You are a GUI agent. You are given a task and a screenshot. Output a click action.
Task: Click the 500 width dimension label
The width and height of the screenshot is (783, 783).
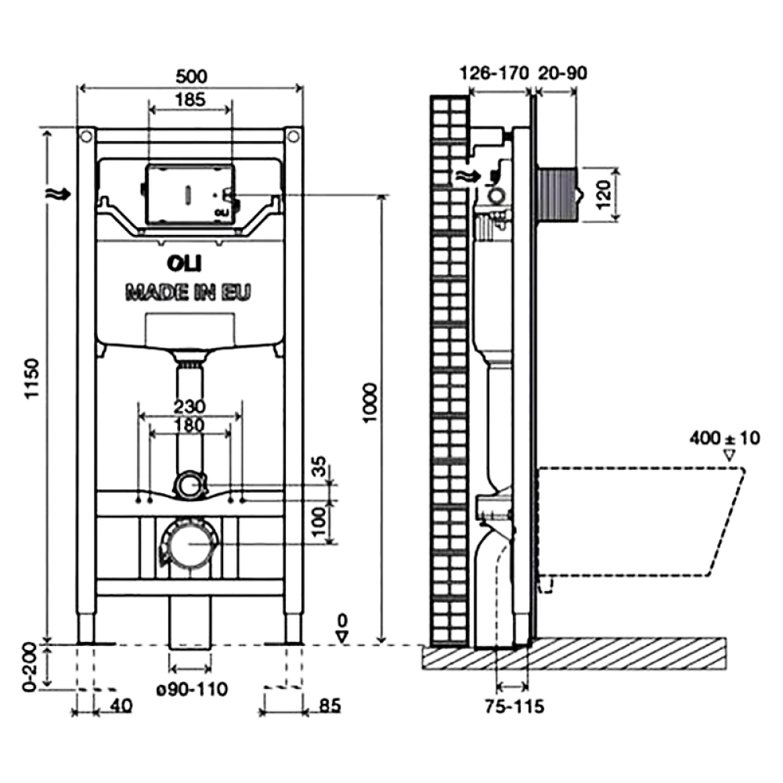(x=190, y=76)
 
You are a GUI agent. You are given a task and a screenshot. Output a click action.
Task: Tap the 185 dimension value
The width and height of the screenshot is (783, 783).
(x=189, y=99)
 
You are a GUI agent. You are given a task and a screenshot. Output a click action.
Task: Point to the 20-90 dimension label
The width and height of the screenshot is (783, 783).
(x=562, y=74)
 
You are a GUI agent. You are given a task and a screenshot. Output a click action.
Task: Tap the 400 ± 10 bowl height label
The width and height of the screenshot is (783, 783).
(x=725, y=438)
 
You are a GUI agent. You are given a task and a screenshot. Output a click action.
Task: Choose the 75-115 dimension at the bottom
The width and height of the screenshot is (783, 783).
(x=514, y=707)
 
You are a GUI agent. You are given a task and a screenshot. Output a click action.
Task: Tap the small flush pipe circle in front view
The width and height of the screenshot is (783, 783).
(x=187, y=485)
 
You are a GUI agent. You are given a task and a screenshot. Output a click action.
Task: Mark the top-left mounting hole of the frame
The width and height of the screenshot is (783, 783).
(x=85, y=137)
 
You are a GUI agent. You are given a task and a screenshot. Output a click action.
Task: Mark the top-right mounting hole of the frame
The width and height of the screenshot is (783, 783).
(x=293, y=137)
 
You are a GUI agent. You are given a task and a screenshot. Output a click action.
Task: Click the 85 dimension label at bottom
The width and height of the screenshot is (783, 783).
(x=330, y=705)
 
